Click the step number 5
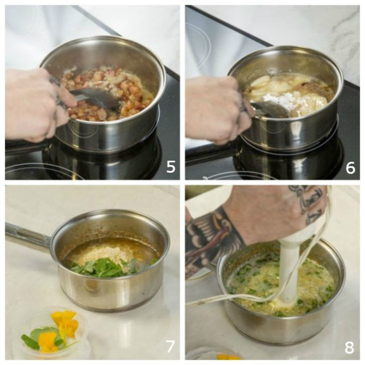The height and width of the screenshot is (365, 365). coord(171,167)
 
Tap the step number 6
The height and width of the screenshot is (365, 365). coord(350,168)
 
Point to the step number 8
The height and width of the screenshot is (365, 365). coord(349,348)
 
